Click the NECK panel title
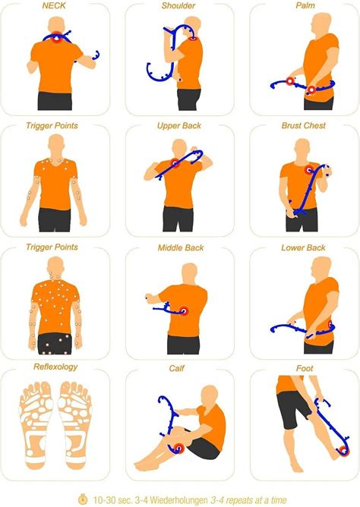pyautogui.click(x=54, y=5)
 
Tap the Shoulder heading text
pyautogui.click(x=178, y=5)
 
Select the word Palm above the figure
pyautogui.click(x=305, y=5)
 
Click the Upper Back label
pyautogui.click(x=179, y=126)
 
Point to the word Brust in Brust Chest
pyautogui.click(x=291, y=125)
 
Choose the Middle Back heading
pyautogui.click(x=181, y=248)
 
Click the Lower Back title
pyautogui.click(x=303, y=248)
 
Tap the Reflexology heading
pyautogui.click(x=55, y=367)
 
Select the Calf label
pyautogui.click(x=177, y=368)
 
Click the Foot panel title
pyautogui.click(x=305, y=368)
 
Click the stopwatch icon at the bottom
pyautogui.click(x=84, y=499)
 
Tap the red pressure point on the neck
pyautogui.click(x=57, y=38)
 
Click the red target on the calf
pyautogui.click(x=178, y=449)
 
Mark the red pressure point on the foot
pyautogui.click(x=344, y=451)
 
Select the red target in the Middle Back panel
pyautogui.click(x=184, y=311)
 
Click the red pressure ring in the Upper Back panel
pyautogui.click(x=175, y=163)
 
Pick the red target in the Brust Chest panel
pyautogui.click(x=309, y=169)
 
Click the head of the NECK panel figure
pyautogui.click(x=56, y=24)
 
